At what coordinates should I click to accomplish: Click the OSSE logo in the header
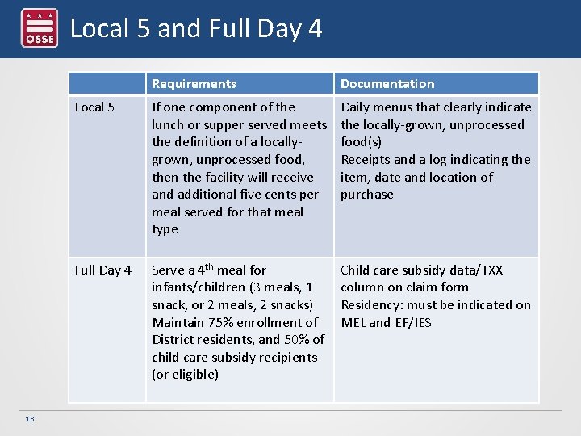tap(39, 28)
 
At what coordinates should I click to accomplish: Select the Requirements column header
tap(194, 84)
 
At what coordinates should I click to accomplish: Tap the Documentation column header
tap(387, 84)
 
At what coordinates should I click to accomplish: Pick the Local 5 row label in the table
tap(94, 107)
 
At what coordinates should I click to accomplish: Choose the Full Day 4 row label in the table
tap(103, 270)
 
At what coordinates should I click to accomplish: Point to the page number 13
tap(30, 418)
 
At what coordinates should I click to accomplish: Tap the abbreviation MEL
tap(353, 323)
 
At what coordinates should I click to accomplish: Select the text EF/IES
tap(412, 323)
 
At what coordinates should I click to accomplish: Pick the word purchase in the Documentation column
tap(367, 195)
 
